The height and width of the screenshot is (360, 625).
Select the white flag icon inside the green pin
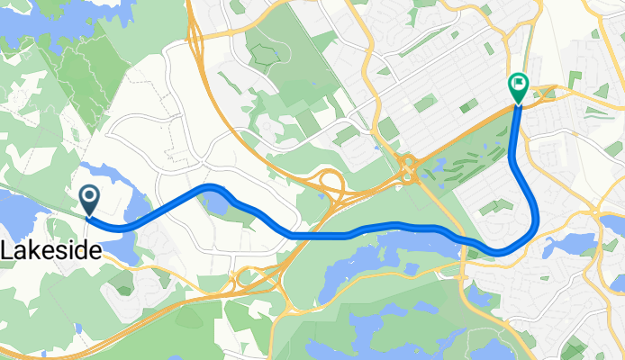pos(519,85)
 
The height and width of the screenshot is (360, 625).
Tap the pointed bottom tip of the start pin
pos(90,217)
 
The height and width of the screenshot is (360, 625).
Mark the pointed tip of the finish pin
pos(519,104)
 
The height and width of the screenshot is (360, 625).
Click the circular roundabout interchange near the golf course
pos(408,168)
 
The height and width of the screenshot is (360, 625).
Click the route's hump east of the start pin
pos(212,186)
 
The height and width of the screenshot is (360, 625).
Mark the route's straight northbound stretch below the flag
pos(514,144)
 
